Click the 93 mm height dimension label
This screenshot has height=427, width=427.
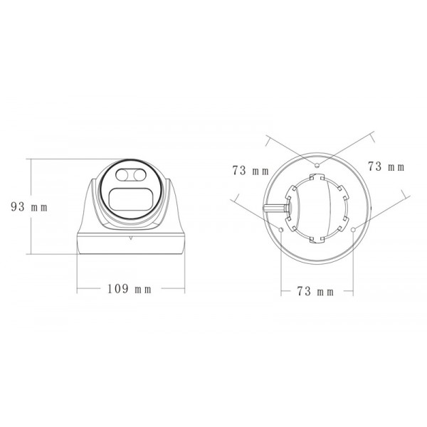pos(28,207)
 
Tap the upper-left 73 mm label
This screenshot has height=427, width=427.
pos(250,170)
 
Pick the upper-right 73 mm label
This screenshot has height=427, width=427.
pos(386,167)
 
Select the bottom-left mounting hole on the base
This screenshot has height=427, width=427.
pos(283,229)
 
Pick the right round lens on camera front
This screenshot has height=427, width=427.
pos(139,175)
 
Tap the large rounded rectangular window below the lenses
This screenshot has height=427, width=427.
pos(131,199)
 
